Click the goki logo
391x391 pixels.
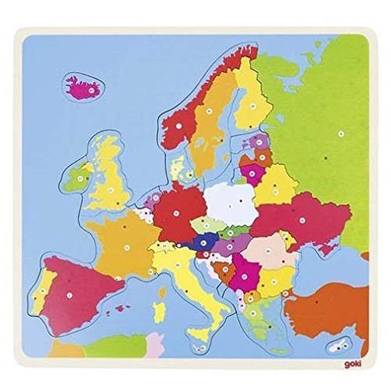[353, 363]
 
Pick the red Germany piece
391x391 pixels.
[178, 210]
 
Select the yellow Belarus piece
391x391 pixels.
[275, 185]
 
